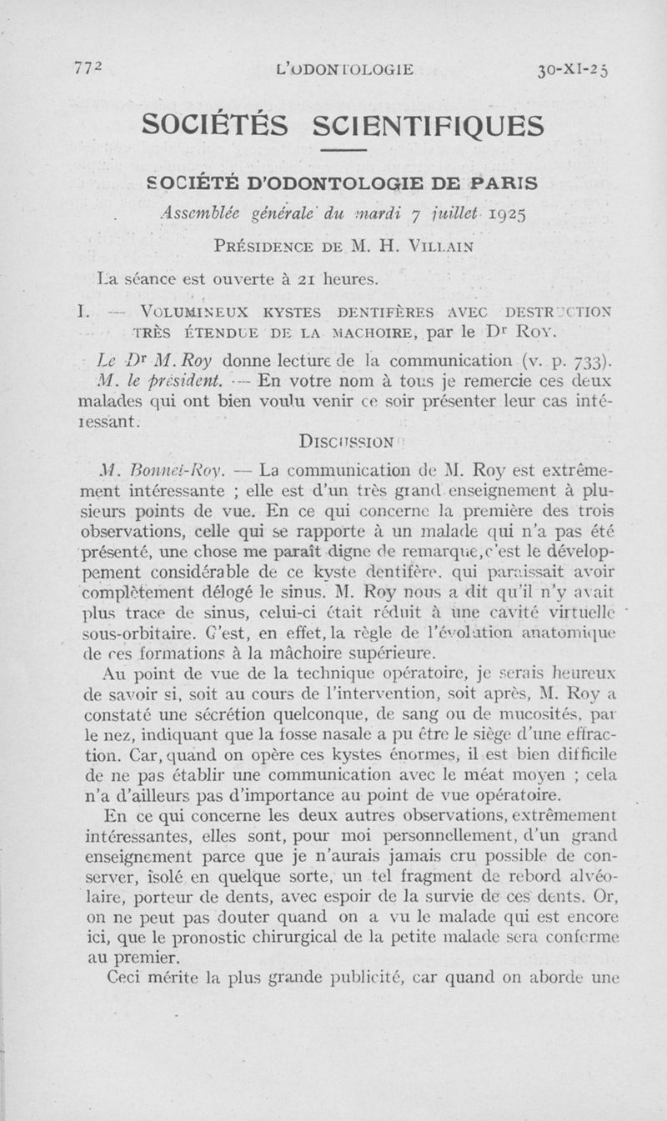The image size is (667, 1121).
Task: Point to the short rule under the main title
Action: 344,151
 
